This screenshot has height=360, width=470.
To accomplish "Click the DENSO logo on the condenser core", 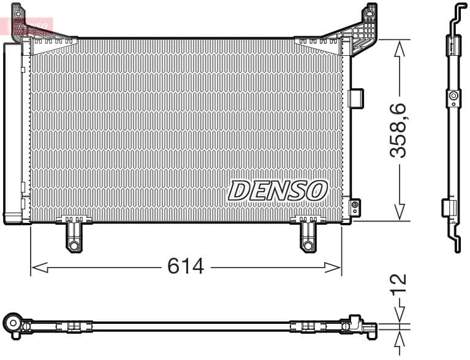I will tap(277, 190).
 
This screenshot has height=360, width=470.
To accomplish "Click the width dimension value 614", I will tap(186, 266).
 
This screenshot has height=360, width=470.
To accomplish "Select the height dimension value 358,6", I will tap(399, 130).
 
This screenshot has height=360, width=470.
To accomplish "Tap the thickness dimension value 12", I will tap(399, 282).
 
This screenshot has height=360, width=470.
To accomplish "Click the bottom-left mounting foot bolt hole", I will tap(74, 246).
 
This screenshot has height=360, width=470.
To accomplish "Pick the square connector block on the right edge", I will tap(355, 97).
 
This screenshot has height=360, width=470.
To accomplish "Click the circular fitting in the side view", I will tap(453, 96).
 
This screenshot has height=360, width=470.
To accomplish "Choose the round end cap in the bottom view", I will tap(12, 322).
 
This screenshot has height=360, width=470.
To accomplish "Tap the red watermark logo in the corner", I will tap(28, 26).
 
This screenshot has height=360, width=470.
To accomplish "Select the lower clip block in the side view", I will tap(449, 208).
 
